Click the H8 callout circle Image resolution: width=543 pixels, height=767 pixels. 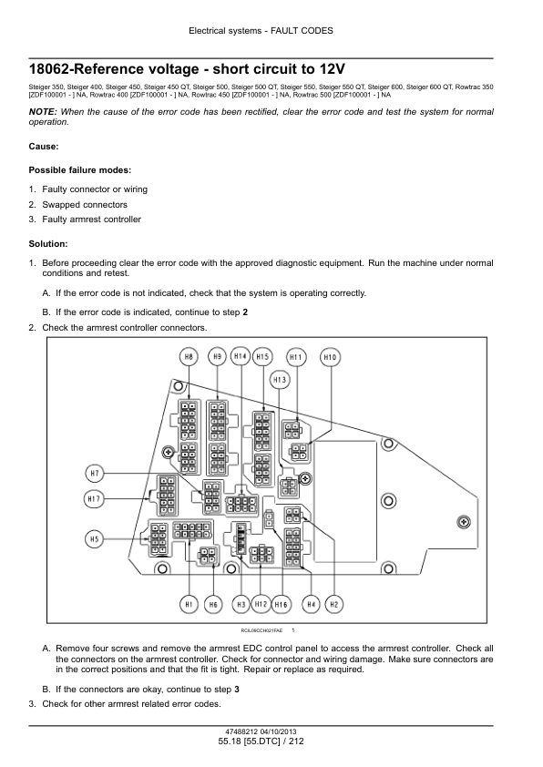[189, 357]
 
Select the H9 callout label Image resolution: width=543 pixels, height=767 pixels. [217, 357]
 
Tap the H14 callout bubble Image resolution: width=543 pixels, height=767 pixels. [241, 356]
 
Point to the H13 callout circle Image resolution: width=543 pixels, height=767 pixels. [280, 380]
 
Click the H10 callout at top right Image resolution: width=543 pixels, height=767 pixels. [330, 358]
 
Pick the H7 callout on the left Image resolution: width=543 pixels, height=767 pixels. [95, 474]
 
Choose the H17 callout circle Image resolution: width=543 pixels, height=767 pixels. [94, 499]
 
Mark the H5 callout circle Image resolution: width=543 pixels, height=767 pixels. [95, 539]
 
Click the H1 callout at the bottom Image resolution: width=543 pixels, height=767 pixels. [189, 605]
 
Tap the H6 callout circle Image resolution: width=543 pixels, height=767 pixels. [213, 605]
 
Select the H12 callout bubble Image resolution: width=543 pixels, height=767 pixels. [261, 604]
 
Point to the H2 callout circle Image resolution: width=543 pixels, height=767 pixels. [334, 605]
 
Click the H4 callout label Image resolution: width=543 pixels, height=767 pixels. [311, 605]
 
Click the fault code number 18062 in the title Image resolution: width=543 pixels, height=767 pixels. [50, 69]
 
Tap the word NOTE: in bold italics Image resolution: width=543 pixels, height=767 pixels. [43, 112]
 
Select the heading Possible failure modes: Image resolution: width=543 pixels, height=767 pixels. [80, 170]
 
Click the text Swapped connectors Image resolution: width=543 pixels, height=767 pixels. [85, 204]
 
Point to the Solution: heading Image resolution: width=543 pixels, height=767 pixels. [48, 243]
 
